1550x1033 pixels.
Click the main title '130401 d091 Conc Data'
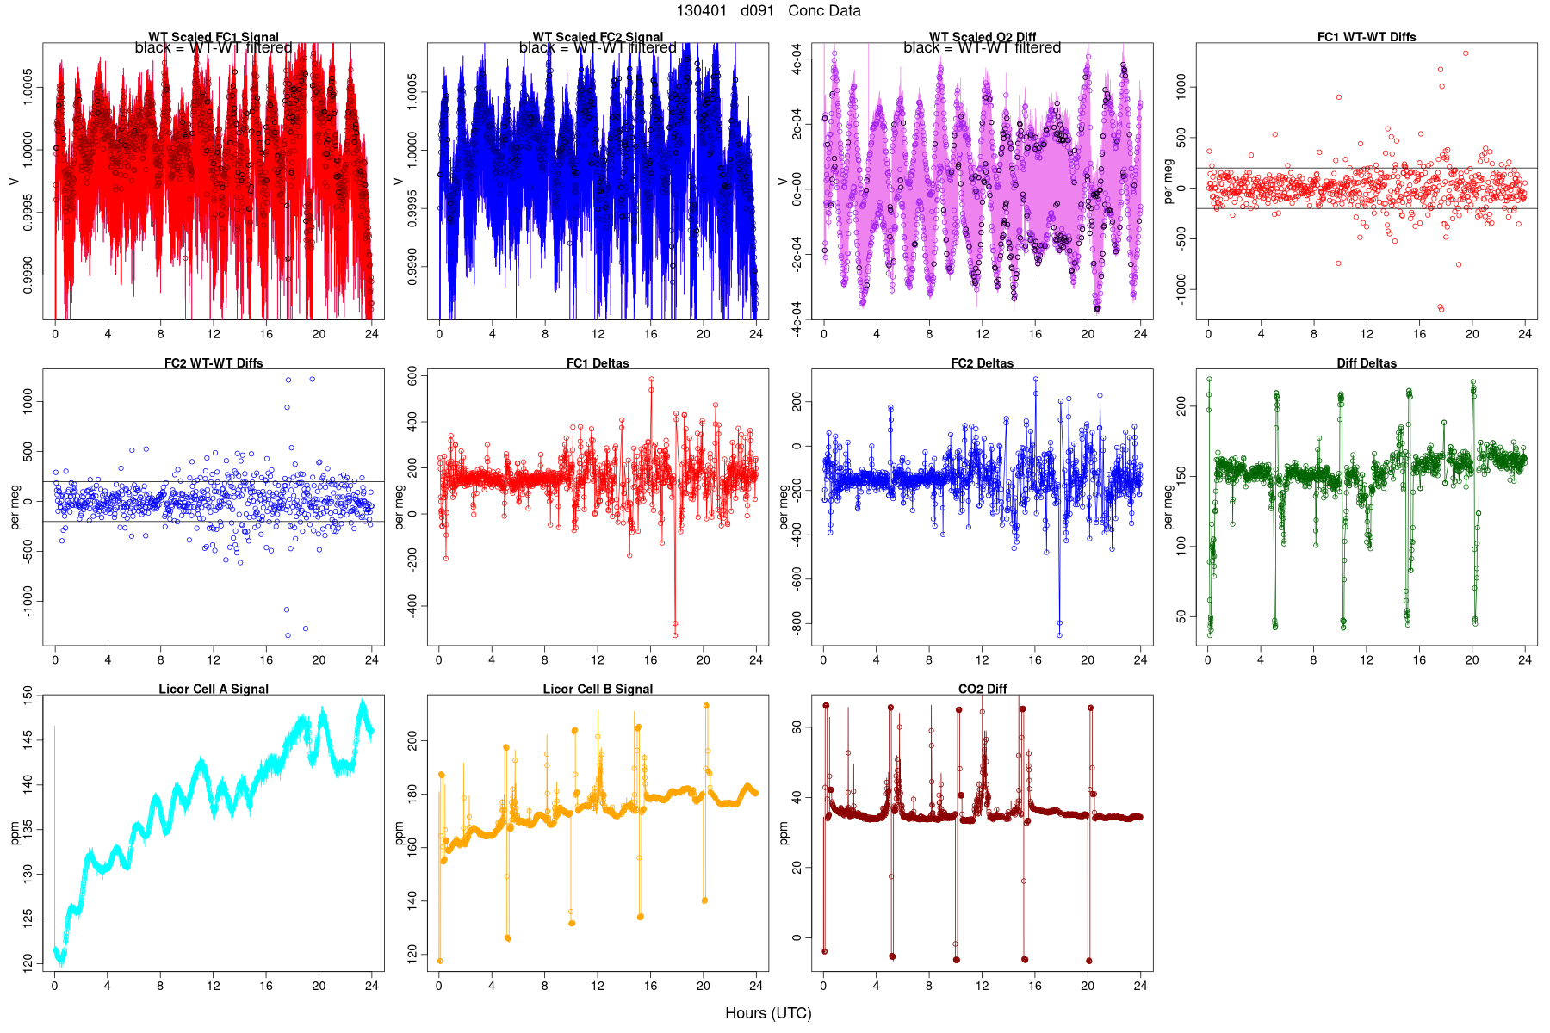pos(768,11)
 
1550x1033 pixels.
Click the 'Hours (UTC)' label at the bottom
pos(768,1013)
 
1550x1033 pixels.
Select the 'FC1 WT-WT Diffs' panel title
pos(1367,37)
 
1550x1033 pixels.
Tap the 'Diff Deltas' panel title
pos(1367,363)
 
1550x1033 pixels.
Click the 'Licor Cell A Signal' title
pos(214,689)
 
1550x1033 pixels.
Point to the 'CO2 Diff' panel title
pos(983,689)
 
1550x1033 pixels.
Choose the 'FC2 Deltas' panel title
pos(983,363)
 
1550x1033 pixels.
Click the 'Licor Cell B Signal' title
pos(598,689)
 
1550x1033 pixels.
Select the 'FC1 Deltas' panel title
pos(598,363)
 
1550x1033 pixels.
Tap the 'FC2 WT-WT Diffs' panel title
pos(214,363)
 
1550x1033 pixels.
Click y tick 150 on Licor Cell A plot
pos(28,696)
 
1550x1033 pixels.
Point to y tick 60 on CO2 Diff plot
pos(797,727)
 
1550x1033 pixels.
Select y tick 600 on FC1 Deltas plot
pos(412,376)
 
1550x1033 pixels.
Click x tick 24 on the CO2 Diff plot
pos(1140,986)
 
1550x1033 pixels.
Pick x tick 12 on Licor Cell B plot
pos(598,986)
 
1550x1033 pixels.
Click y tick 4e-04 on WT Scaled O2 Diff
pos(797,65)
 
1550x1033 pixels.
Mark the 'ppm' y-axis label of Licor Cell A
pos(15,832)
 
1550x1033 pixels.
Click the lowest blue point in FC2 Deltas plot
pos(1059,635)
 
